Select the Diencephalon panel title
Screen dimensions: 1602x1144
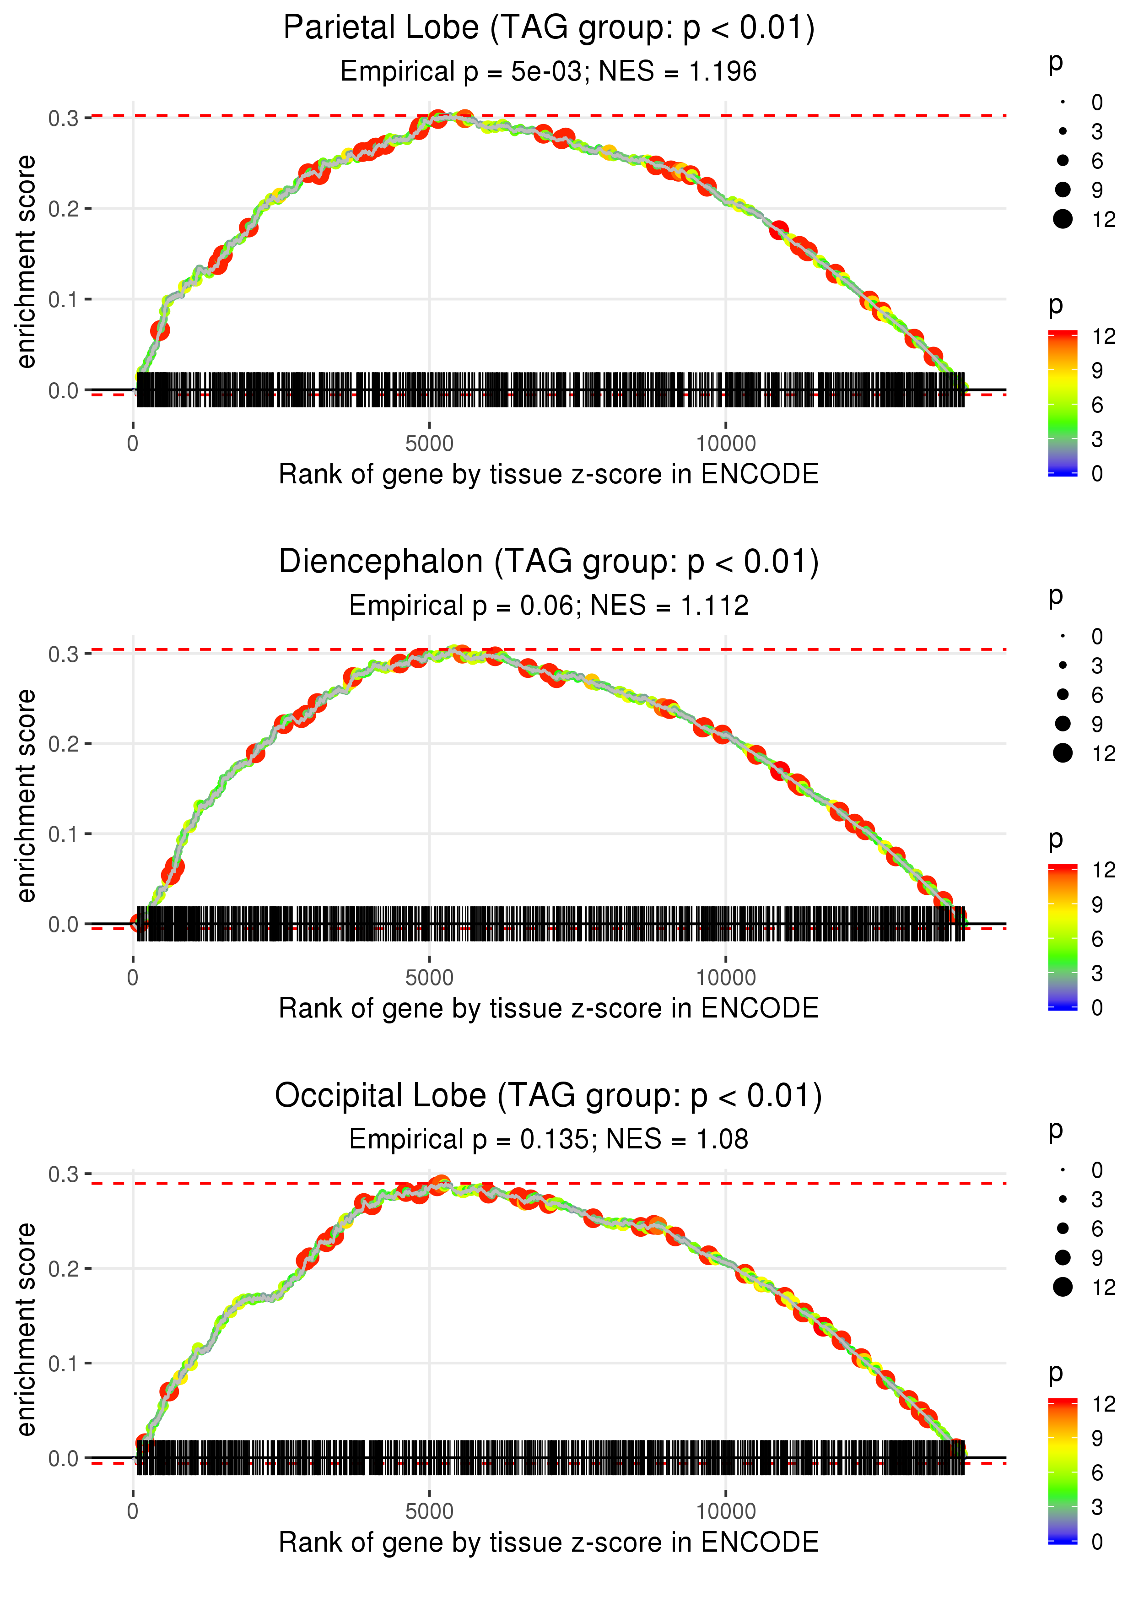click(548, 562)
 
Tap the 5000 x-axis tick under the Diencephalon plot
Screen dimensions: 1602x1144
click(429, 978)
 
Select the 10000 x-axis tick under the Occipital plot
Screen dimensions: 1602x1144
click(726, 1512)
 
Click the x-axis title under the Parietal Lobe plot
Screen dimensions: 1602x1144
click(548, 474)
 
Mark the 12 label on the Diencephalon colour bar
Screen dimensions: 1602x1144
click(1103, 870)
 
